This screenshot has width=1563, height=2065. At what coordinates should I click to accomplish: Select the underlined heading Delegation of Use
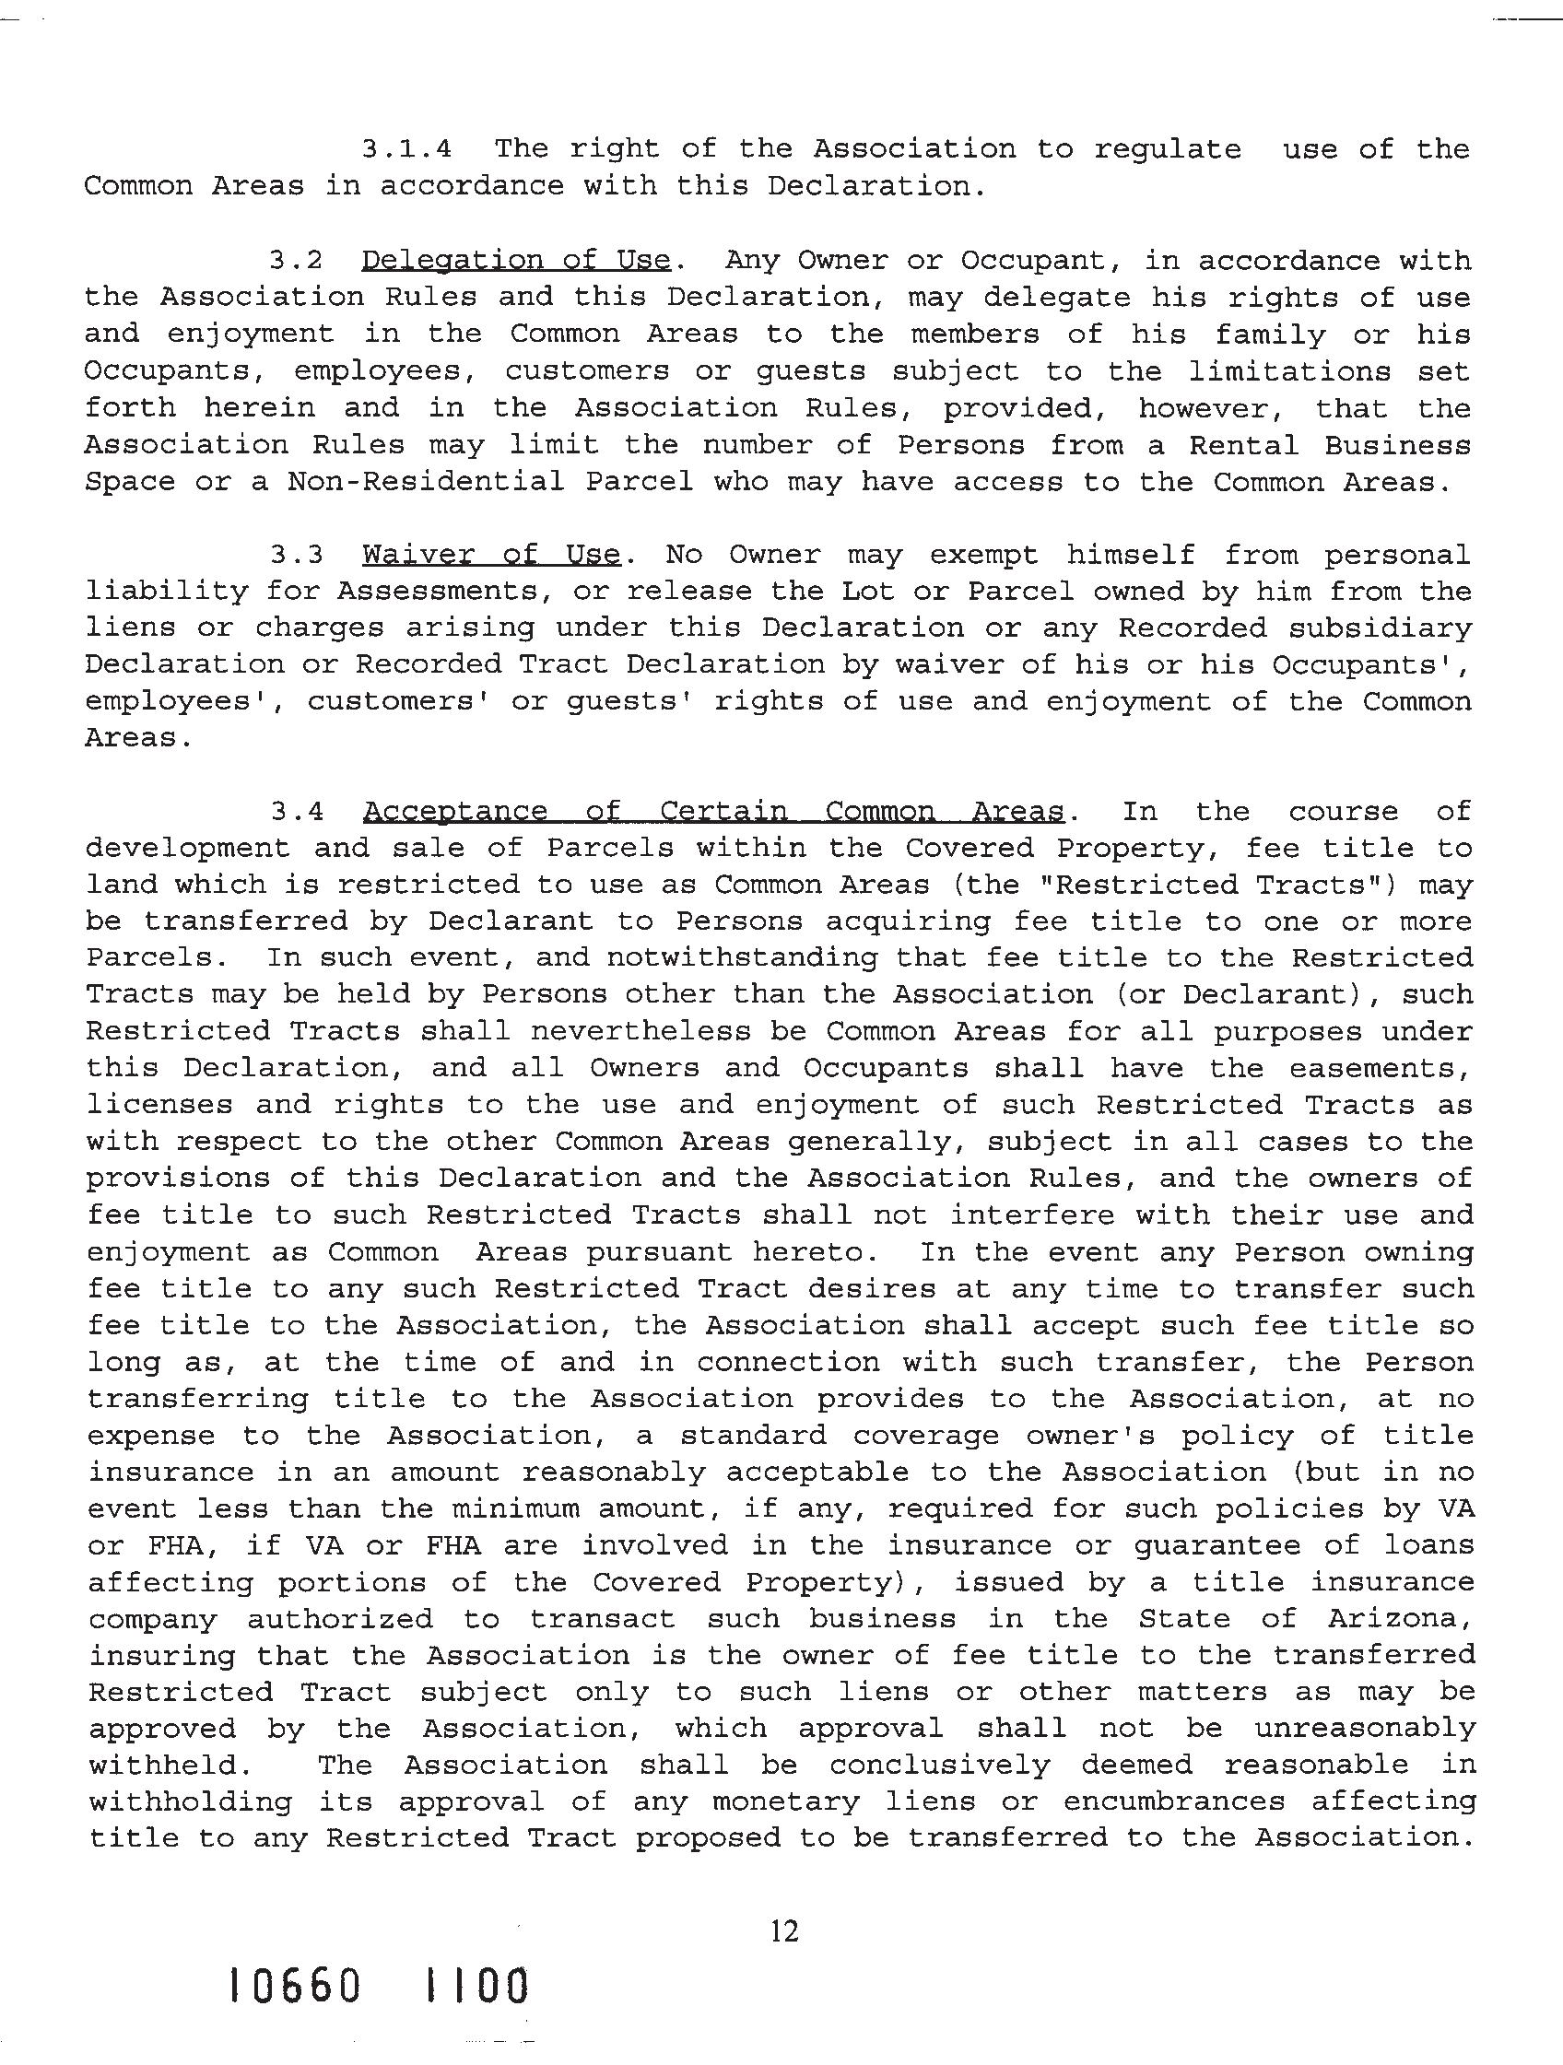tap(515, 260)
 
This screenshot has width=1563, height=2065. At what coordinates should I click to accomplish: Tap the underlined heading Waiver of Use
tap(491, 555)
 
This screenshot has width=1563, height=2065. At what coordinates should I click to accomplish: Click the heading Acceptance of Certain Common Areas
tap(713, 810)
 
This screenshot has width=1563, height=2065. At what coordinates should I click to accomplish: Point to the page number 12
tap(784, 1930)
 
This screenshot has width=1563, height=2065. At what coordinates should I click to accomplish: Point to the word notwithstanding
tap(742, 956)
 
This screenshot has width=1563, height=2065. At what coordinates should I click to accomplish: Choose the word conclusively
tap(939, 1765)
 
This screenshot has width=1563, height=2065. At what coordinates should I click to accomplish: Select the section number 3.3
tap(297, 555)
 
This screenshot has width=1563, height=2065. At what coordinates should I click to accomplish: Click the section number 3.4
tap(297, 810)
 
